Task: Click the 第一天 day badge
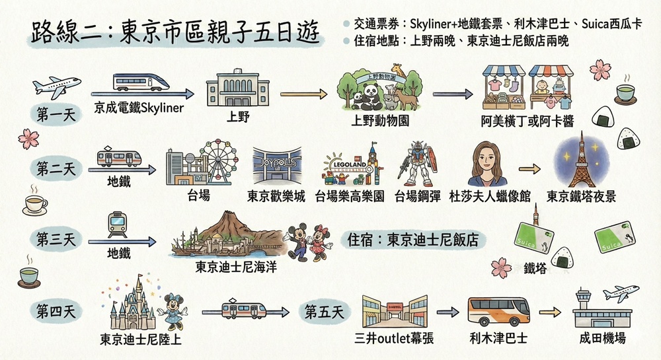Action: [x=56, y=115]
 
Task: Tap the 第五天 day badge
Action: [x=324, y=312]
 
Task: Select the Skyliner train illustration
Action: [x=141, y=82]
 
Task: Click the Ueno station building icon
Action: [x=237, y=88]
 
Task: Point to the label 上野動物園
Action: [x=380, y=121]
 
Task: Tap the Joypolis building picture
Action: [x=276, y=165]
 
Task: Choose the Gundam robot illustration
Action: [x=417, y=164]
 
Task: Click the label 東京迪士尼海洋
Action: [x=236, y=266]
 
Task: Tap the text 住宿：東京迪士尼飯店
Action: [x=412, y=239]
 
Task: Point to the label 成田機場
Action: [x=602, y=338]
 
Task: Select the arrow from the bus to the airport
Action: [x=550, y=312]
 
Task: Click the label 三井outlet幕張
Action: [x=394, y=338]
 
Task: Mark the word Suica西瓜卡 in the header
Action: [x=611, y=24]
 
